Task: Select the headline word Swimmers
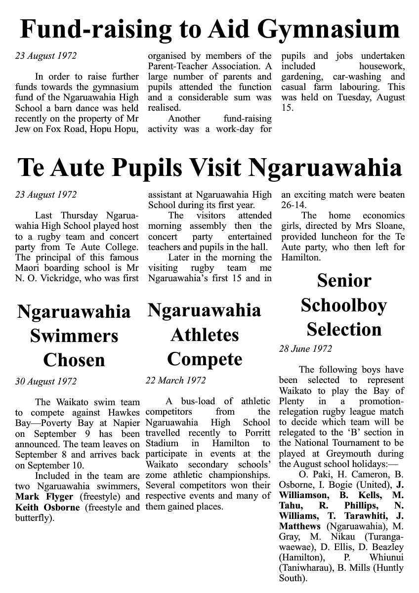point(74,336)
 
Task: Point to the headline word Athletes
point(205,335)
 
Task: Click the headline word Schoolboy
point(344,305)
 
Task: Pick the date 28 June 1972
point(305,349)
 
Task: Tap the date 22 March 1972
point(175,381)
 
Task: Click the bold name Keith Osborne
point(47,508)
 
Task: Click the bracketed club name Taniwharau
point(306,568)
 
